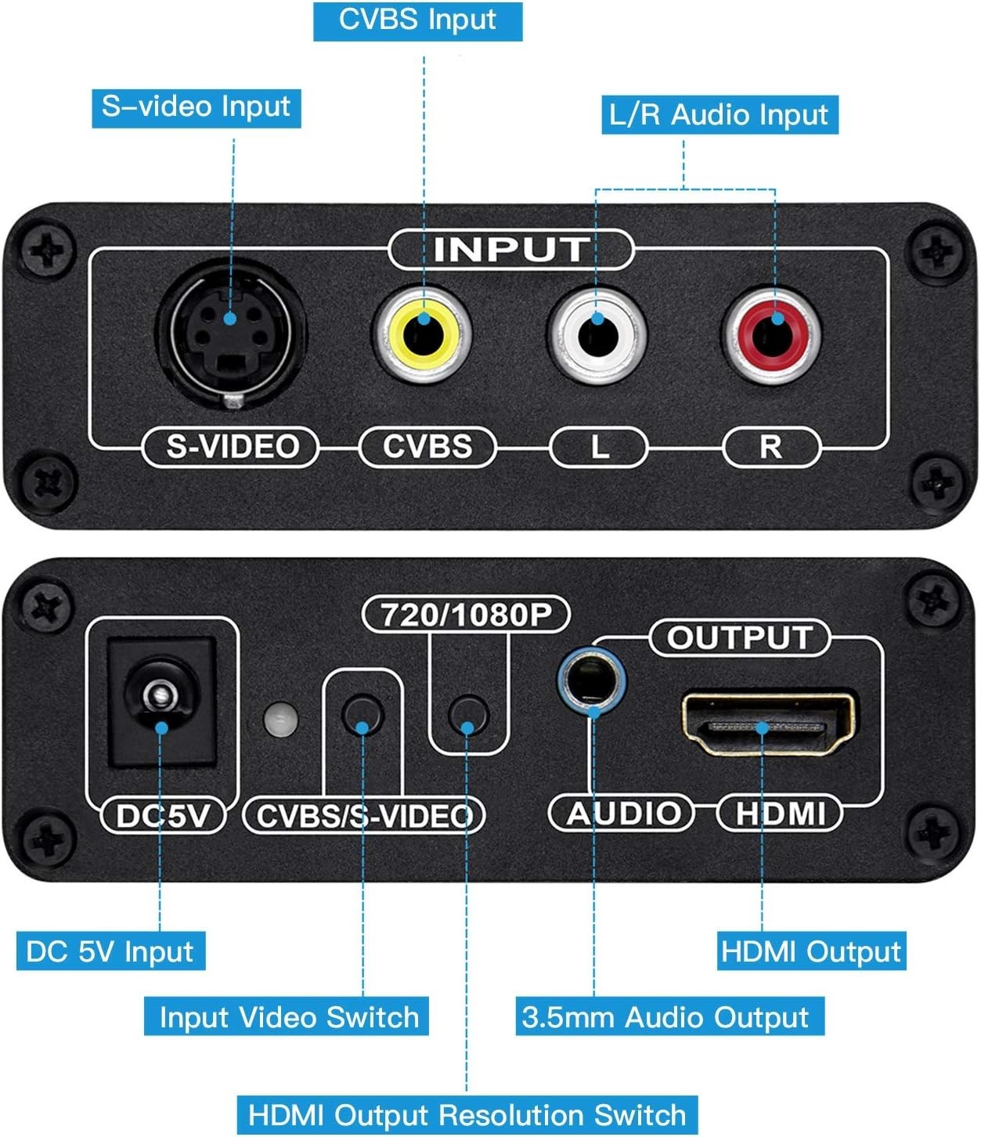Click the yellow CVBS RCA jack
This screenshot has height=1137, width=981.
(x=422, y=334)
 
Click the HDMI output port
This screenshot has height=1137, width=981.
(x=767, y=724)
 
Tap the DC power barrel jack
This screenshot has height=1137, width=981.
(x=161, y=702)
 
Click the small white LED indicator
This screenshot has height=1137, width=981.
(x=281, y=719)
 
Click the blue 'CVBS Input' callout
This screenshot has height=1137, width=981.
(x=418, y=21)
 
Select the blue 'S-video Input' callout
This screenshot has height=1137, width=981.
(x=197, y=108)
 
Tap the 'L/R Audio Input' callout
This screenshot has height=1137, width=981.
(x=720, y=115)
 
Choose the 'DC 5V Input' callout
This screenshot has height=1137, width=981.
(x=111, y=951)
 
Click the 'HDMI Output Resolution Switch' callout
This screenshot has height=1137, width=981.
(x=467, y=1115)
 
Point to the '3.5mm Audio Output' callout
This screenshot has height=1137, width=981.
(x=669, y=1017)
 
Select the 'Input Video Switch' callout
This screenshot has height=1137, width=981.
(x=287, y=1017)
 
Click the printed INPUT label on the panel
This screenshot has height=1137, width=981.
(x=511, y=250)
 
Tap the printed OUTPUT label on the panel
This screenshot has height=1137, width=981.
(x=740, y=638)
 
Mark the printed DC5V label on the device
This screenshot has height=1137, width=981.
(x=164, y=815)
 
